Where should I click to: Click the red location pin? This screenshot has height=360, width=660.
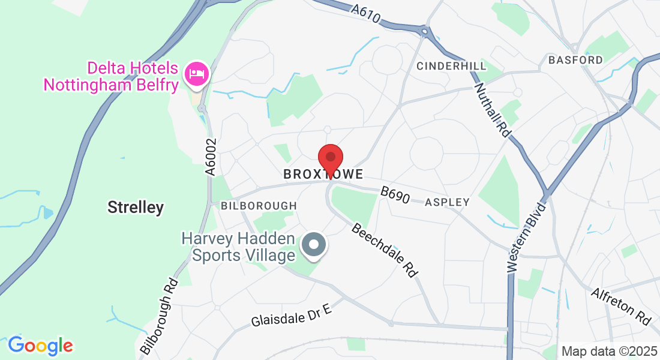330,159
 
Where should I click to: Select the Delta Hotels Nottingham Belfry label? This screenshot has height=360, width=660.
112,76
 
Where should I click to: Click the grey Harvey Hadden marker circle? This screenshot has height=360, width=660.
313,246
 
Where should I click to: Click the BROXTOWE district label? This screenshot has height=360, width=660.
323,175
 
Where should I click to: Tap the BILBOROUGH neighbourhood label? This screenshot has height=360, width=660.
259,206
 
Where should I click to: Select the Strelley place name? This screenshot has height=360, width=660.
136,208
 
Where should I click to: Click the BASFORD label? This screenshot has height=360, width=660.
575,60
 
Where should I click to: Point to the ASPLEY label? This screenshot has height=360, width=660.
447,203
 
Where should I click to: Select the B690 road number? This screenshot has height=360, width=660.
394,196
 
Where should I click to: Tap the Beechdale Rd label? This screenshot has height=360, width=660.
384,250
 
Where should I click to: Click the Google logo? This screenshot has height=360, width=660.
40,346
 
